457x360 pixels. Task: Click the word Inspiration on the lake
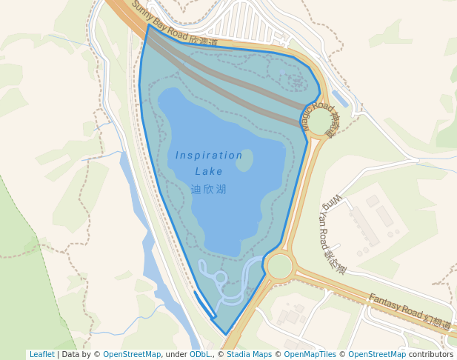tap(209, 156)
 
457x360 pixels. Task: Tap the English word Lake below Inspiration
tap(209, 172)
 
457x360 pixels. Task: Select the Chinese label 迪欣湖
tap(209, 190)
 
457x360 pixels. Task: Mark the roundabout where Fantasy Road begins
tap(280, 265)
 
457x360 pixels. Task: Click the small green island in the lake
tap(244, 160)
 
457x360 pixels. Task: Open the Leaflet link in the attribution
tap(41, 355)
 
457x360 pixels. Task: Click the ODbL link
tap(199, 355)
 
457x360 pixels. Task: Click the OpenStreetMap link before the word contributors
tap(377, 355)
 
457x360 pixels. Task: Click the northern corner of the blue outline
tap(149, 26)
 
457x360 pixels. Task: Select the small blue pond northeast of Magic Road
tap(340, 99)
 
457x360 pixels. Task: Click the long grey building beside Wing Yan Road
tap(365, 227)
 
